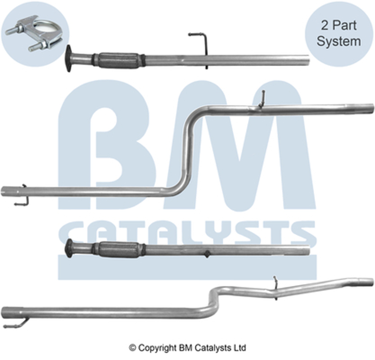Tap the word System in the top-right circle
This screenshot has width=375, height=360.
point(339,41)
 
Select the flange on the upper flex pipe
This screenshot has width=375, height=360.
point(70,59)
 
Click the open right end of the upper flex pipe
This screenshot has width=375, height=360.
point(307,61)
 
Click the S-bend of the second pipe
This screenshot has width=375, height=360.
point(187,150)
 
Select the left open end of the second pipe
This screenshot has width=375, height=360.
point(4,191)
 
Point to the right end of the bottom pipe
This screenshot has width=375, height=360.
point(371,281)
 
